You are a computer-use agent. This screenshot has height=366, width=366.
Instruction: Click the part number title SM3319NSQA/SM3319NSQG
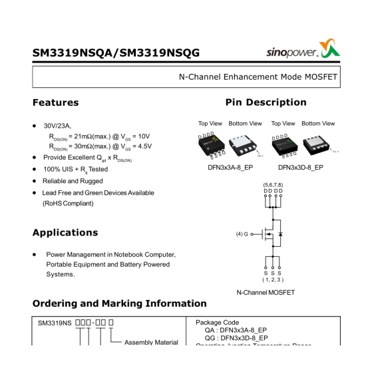pyautogui.click(x=116, y=53)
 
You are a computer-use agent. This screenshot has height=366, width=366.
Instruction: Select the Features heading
pyautogui.click(x=55, y=102)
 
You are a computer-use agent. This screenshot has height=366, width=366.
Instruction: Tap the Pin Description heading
pyautogui.click(x=266, y=102)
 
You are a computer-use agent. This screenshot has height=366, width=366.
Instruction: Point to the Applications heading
pyautogui.click(x=65, y=233)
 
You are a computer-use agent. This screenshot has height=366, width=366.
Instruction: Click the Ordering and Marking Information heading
pyautogui.click(x=119, y=303)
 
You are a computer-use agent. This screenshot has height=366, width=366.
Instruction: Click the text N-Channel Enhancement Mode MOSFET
pyautogui.click(x=258, y=77)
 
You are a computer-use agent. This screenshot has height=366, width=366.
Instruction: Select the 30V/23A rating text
pyautogui.click(x=57, y=125)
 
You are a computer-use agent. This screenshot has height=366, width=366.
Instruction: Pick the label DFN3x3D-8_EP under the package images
pyautogui.click(x=300, y=168)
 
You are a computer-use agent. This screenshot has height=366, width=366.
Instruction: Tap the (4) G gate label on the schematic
pyautogui.click(x=242, y=234)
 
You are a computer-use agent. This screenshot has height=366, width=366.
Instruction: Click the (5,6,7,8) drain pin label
pyautogui.click(x=273, y=184)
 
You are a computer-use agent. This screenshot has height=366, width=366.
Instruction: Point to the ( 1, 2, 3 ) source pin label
pyautogui.click(x=272, y=280)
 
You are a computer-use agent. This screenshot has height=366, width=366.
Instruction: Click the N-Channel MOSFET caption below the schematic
pyautogui.click(x=266, y=292)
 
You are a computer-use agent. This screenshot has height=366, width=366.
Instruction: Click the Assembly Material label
pyautogui.click(x=151, y=342)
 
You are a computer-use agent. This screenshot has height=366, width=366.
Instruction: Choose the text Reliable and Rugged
pyautogui.click(x=73, y=181)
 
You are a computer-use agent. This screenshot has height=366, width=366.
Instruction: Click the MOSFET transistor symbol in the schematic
pyautogui.click(x=273, y=234)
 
